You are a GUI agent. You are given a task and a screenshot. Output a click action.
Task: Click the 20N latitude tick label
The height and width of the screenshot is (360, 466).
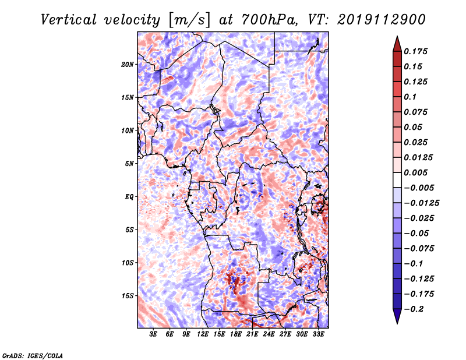coord(128,65)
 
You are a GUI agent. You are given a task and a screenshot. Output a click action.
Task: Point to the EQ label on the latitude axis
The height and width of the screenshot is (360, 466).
coord(129,197)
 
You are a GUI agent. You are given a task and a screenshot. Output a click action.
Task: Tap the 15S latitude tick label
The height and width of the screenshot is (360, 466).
coord(128,296)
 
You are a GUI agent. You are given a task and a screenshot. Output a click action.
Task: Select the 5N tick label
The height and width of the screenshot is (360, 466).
coord(129,164)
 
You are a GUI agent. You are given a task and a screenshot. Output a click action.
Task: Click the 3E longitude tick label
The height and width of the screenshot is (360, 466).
coord(153,334)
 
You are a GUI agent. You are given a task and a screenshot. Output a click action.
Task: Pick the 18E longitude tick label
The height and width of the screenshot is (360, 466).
coord(236,334)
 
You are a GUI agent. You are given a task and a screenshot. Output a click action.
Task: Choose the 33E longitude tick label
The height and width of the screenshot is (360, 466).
coord(318,334)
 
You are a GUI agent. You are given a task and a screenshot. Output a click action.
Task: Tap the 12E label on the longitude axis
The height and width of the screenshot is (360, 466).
coord(203,334)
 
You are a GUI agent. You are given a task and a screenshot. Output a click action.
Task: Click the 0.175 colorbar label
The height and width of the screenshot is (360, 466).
coord(415,51)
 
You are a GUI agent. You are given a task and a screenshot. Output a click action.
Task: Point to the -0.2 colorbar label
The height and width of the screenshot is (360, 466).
coord(414,309)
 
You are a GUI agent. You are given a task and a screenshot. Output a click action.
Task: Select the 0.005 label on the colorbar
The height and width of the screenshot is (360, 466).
coord(415,172)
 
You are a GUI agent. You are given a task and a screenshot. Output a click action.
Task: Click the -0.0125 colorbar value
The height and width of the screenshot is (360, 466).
coord(421,203)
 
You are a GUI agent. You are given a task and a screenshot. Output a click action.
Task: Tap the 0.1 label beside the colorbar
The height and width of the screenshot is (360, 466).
coord(410,97)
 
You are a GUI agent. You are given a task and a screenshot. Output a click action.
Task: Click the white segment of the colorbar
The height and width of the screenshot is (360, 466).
coord(397,180)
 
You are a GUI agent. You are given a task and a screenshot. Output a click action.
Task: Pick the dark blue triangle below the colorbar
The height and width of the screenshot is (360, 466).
coord(397,316)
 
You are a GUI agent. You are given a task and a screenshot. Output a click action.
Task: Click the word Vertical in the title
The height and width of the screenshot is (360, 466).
coord(69,20)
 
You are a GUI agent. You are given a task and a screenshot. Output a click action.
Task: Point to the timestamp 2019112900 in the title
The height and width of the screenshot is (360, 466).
coord(382,20)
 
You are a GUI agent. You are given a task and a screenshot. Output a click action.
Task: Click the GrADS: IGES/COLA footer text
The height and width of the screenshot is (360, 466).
coord(33,355)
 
